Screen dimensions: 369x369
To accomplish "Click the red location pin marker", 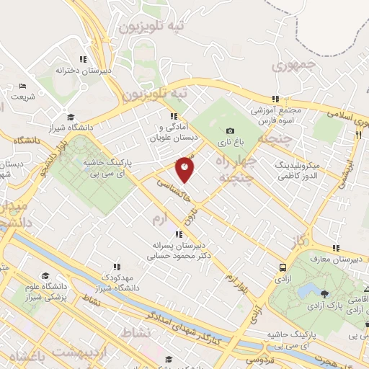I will (x=185, y=169).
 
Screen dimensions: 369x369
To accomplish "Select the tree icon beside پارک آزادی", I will (x=324, y=293).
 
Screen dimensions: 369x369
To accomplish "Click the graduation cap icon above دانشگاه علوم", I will (x=45, y=276).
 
